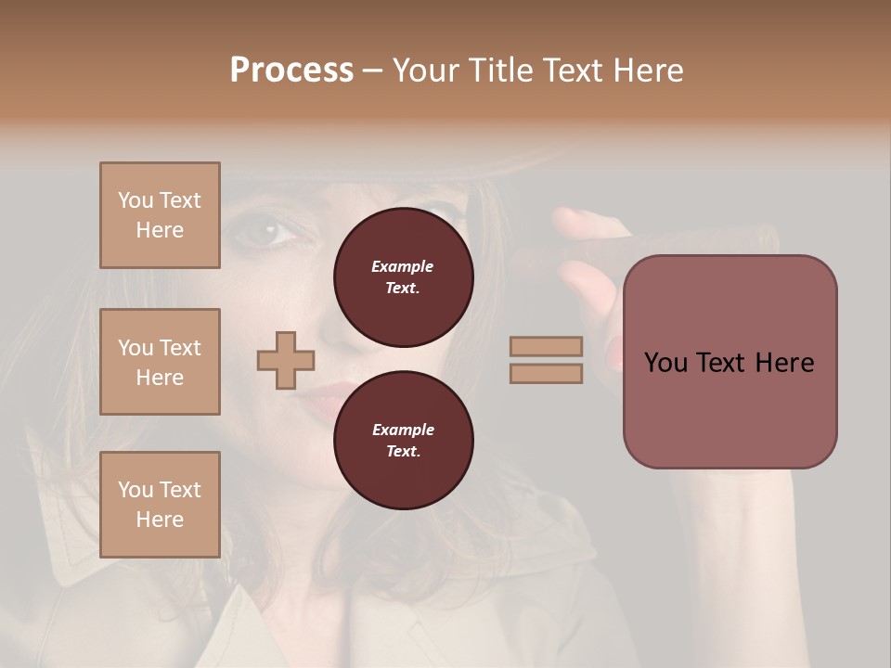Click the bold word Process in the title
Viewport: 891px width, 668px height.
[x=291, y=71]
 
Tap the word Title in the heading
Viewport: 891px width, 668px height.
[x=503, y=71]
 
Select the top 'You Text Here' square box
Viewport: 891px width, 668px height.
[x=160, y=215]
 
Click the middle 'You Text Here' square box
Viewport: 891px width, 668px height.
[x=160, y=362]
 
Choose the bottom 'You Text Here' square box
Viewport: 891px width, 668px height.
[x=160, y=505]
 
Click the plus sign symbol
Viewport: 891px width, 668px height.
[x=286, y=360]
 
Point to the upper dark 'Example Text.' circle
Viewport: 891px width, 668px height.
[x=403, y=277]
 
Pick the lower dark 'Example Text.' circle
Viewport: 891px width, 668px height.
[x=403, y=441]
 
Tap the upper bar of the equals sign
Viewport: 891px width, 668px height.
[x=547, y=347]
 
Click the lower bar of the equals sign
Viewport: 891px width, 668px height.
[x=547, y=373]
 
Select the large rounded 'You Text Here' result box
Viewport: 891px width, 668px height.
[x=730, y=362]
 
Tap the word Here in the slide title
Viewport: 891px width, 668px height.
[x=649, y=71]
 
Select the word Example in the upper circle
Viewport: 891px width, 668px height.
[x=403, y=266]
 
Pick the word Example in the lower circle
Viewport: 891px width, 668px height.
[x=403, y=430]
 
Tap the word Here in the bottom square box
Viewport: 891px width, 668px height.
[x=160, y=520]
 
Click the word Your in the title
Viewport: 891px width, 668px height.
[x=428, y=71]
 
